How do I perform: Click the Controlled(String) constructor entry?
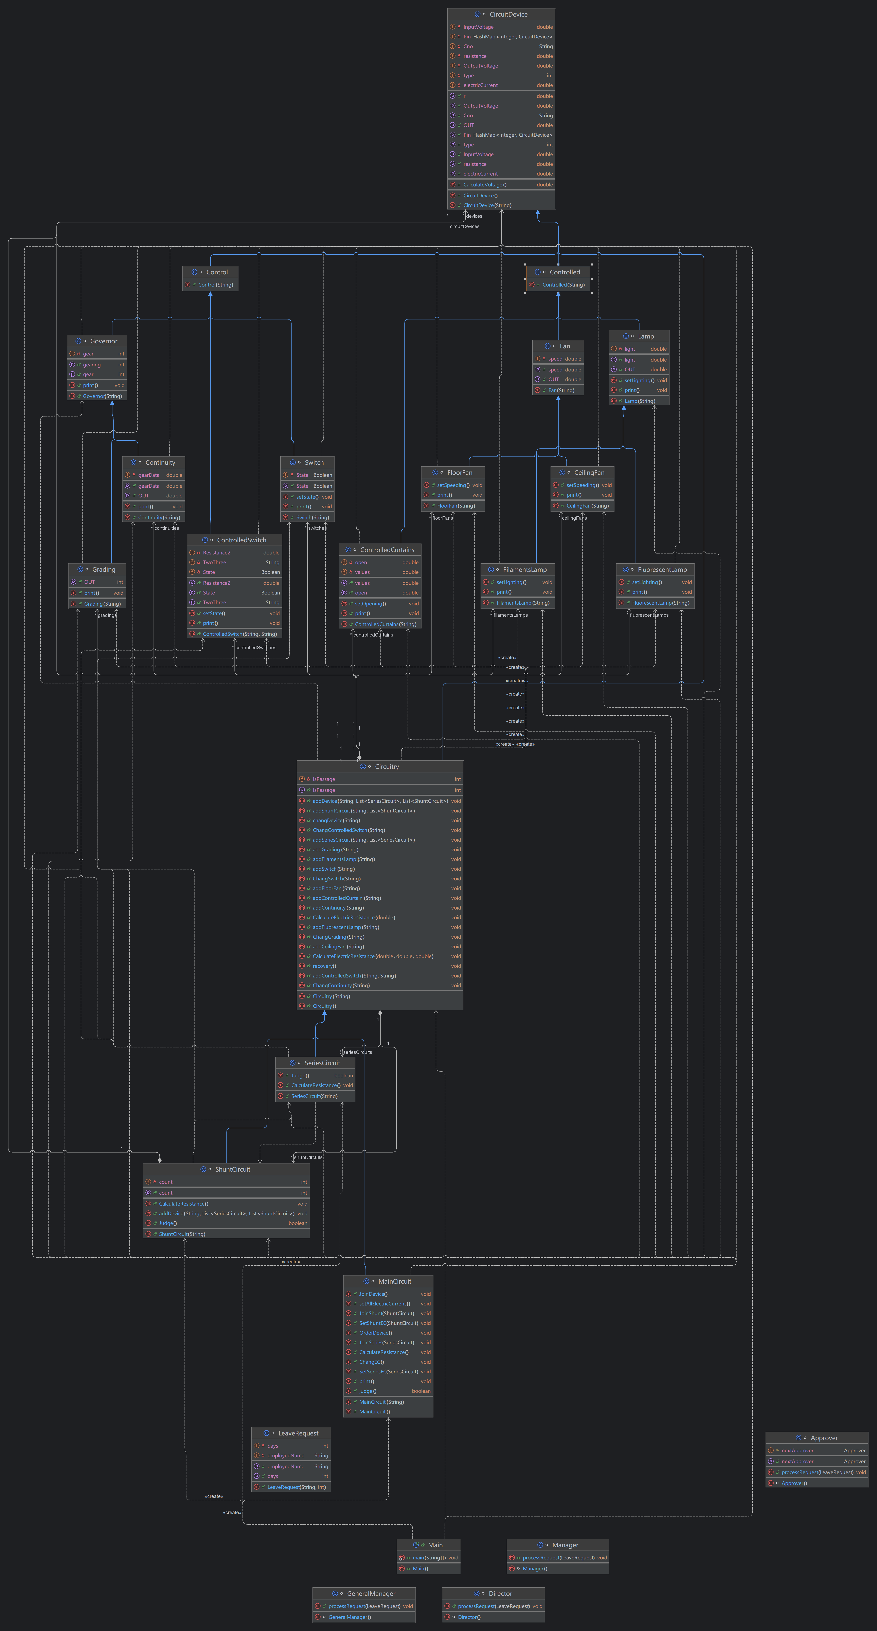point(563,285)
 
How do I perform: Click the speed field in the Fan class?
point(555,359)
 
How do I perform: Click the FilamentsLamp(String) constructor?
point(522,603)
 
